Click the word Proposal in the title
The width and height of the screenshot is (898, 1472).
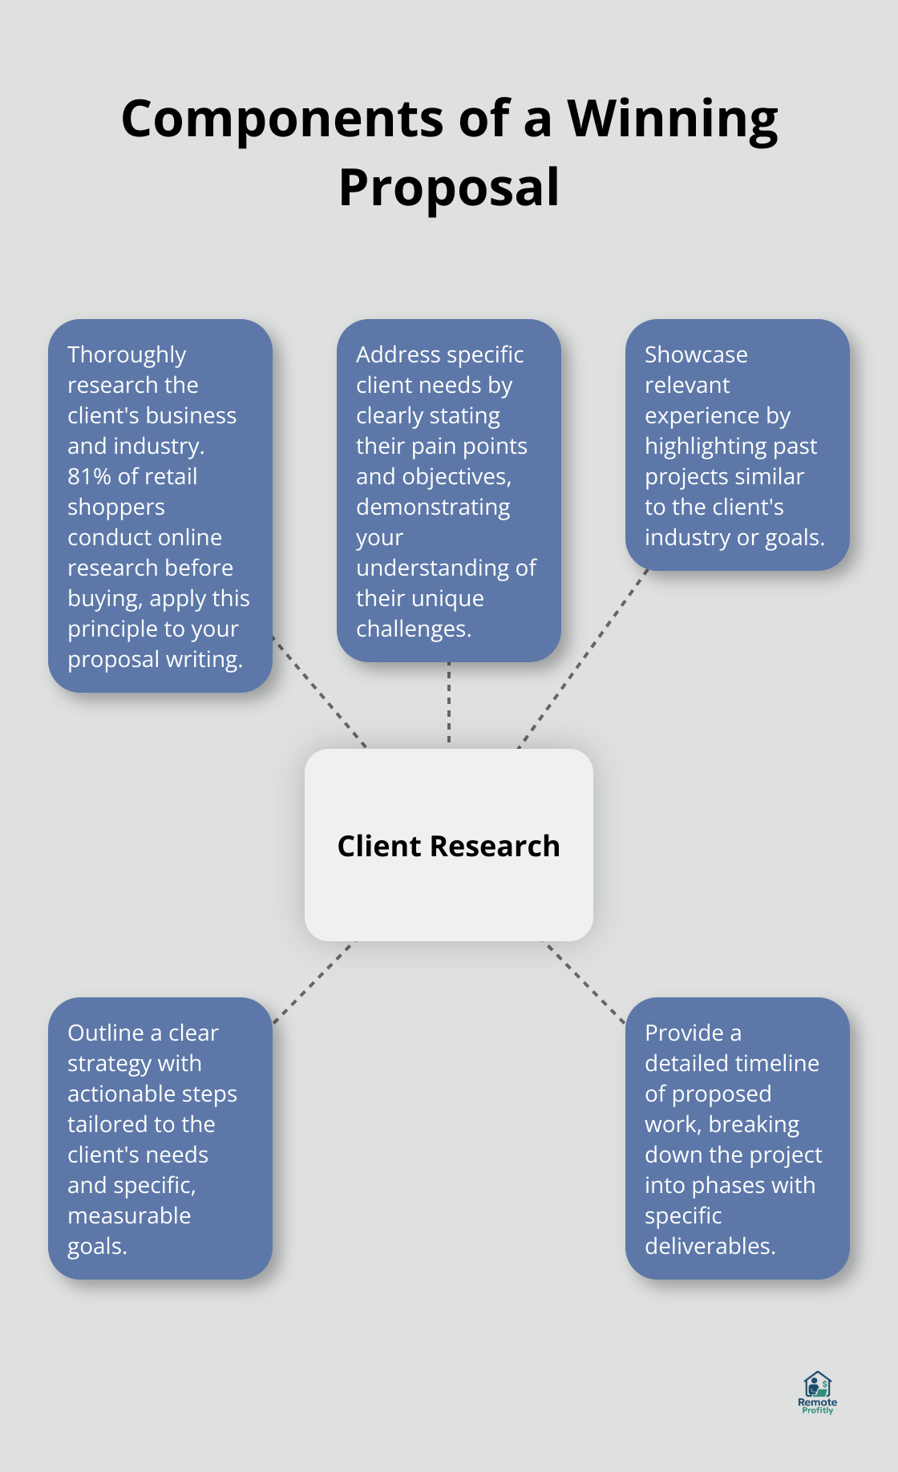[x=449, y=188]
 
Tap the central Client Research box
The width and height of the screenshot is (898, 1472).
[x=449, y=845]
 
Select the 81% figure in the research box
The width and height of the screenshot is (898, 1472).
[x=89, y=476]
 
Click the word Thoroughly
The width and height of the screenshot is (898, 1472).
[x=127, y=355]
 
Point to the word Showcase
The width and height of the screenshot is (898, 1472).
[x=696, y=354]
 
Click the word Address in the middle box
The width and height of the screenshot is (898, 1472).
[x=399, y=354]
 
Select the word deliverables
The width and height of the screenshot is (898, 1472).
[x=710, y=1246]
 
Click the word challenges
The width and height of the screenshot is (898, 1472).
[x=413, y=629]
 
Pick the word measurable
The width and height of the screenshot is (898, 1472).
[x=129, y=1215]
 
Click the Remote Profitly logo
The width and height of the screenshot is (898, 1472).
[x=817, y=1392]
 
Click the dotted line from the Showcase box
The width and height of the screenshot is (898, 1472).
[x=583, y=659]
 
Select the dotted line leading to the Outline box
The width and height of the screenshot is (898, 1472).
[x=313, y=982]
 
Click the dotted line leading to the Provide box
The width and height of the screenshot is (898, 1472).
[x=584, y=982]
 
